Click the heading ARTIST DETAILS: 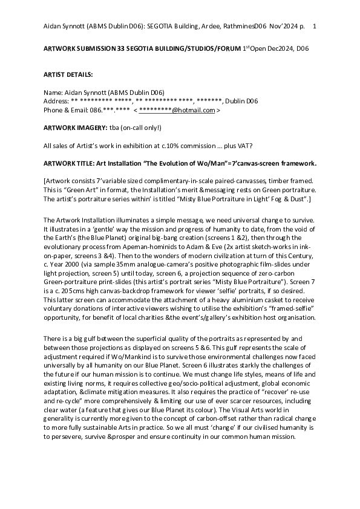pos(68,74)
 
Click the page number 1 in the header pos(314,27)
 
